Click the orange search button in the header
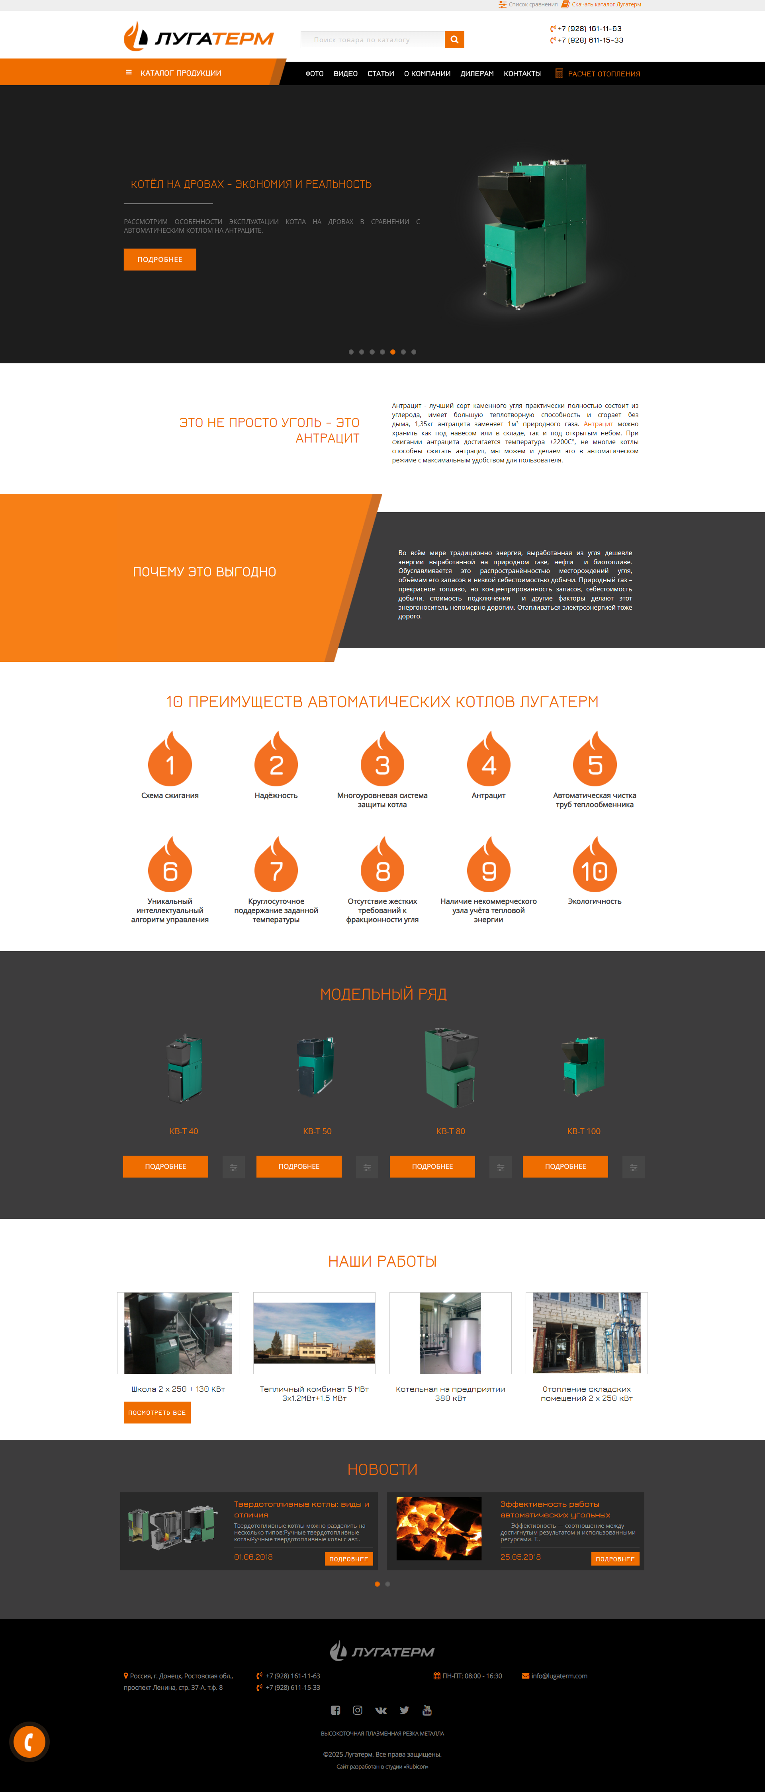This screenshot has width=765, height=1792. point(454,40)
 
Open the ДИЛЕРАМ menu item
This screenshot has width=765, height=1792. point(477,74)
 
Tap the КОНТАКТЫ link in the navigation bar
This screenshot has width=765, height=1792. point(522,74)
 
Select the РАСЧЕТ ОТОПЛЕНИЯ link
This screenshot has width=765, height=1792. point(603,74)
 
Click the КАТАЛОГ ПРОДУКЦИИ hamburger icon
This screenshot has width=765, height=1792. point(129,72)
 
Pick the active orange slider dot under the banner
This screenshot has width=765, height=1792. point(393,352)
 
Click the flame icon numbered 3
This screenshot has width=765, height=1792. point(382,759)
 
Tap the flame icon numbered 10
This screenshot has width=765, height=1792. point(595,865)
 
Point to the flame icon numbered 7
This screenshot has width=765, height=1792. point(276,865)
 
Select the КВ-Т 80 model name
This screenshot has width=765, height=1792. point(450,1131)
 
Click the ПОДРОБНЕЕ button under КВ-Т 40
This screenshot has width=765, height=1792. point(166,1166)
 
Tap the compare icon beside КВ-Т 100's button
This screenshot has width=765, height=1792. point(634,1167)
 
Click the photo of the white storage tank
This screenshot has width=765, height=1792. point(450,1333)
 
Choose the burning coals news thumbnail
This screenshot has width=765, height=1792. point(438,1528)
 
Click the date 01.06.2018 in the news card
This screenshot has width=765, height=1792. point(253,1557)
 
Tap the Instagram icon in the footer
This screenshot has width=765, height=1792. point(358,1710)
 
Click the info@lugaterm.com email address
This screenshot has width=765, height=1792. point(559,1676)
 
